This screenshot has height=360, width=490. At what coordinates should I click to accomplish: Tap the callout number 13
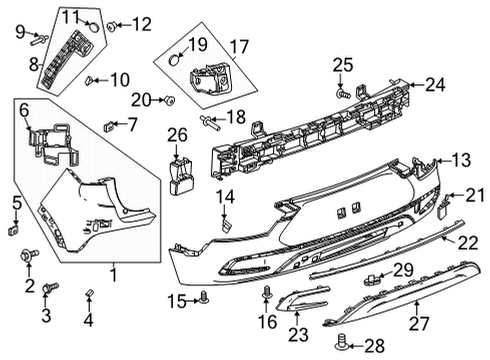(460, 160)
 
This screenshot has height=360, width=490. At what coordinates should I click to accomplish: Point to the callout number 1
(113, 273)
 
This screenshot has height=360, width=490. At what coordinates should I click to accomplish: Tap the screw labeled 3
(53, 289)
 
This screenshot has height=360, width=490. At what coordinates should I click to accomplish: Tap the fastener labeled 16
(267, 294)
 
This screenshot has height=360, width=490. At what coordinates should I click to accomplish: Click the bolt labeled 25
(343, 93)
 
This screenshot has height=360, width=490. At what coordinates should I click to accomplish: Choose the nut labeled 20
(169, 99)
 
